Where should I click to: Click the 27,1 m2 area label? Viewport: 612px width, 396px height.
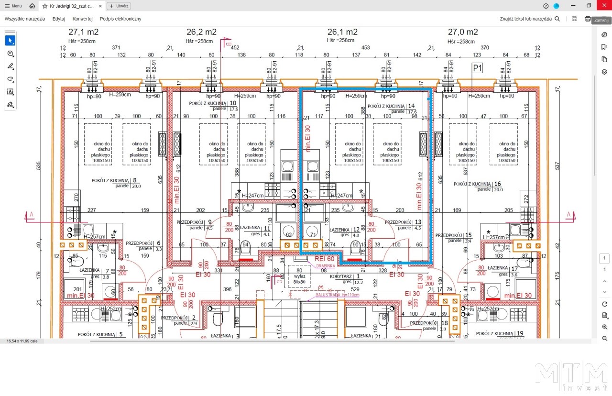[x=84, y=32]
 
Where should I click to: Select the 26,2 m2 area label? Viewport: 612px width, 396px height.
[x=201, y=32]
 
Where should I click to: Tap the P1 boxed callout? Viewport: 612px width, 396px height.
[x=477, y=68]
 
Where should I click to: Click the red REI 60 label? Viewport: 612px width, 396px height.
[x=325, y=259]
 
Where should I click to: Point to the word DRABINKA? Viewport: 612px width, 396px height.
[x=326, y=266]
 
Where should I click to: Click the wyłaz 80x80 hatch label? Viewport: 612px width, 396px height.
[x=300, y=278]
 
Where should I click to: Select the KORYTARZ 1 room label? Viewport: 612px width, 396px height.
[x=348, y=276]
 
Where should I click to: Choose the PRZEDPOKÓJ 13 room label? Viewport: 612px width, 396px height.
[x=403, y=222]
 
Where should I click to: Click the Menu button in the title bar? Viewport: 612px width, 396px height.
[x=13, y=6]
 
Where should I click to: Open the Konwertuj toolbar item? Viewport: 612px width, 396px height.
[x=82, y=19]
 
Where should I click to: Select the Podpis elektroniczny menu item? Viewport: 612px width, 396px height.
[x=120, y=19]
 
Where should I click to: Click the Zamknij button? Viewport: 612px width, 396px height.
[x=601, y=21]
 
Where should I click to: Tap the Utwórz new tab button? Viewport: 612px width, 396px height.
[x=119, y=6]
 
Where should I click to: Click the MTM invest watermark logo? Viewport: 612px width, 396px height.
[x=571, y=376]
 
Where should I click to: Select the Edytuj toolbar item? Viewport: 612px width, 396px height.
[x=59, y=19]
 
